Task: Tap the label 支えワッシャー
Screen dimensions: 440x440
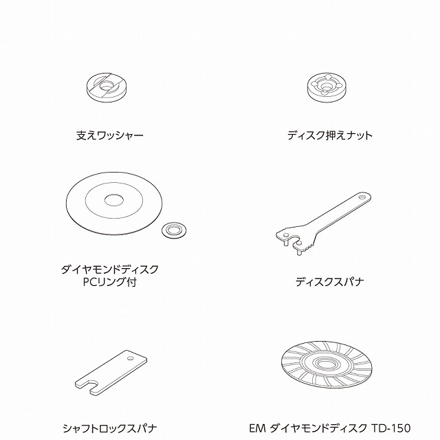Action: pos(110,135)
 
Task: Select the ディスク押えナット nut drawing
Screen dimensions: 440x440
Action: pos(325,87)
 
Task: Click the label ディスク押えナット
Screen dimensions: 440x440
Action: pos(330,135)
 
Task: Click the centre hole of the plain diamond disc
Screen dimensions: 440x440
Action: pos(114,200)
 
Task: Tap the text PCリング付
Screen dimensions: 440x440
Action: pos(110,282)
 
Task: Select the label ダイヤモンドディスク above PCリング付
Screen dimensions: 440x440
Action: pos(110,269)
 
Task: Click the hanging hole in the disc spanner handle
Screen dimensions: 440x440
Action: pos(362,197)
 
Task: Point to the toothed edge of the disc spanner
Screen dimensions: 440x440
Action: pos(308,247)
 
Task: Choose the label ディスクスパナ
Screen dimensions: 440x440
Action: pos(330,282)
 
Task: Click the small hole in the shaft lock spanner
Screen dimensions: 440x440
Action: pos(130,358)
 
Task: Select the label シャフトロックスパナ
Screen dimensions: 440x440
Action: pos(110,428)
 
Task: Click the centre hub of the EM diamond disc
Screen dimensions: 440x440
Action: pos(327,364)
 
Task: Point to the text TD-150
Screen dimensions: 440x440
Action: pos(391,428)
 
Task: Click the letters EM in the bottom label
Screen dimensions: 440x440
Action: pos(257,428)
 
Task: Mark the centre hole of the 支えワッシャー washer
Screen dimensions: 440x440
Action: pos(106,86)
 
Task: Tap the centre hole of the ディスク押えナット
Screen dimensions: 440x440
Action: pos(325,86)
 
